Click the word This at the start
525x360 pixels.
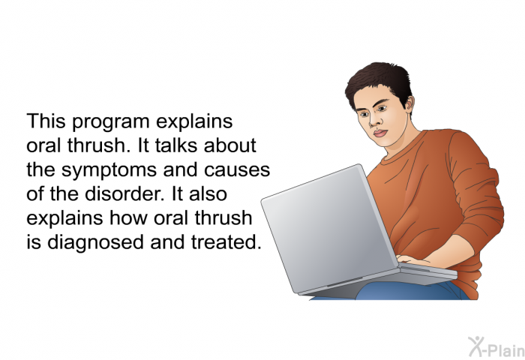(x=46, y=121)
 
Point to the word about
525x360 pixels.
(x=229, y=145)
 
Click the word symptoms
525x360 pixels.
(x=109, y=171)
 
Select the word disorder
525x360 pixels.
(x=124, y=194)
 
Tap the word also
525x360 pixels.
(x=208, y=194)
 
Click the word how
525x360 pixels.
(x=128, y=218)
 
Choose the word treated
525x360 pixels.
(x=226, y=242)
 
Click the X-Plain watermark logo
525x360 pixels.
(x=496, y=347)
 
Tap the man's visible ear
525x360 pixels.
(x=409, y=103)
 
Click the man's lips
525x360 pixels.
(x=380, y=133)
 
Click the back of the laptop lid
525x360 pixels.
(x=330, y=228)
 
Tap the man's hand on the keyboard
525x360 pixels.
(x=412, y=259)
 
